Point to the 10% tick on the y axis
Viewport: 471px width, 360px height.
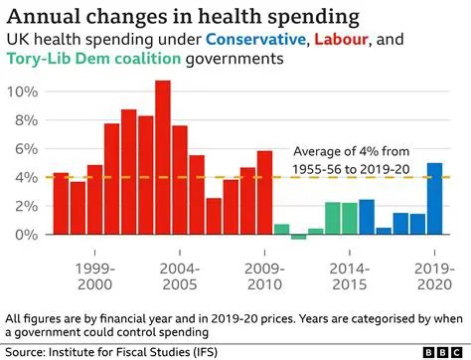tap(23, 91)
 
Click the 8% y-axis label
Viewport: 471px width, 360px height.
tap(27, 120)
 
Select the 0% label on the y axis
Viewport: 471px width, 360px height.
tap(27, 235)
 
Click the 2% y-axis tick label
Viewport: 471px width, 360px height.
tap(27, 206)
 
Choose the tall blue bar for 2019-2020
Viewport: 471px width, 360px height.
tap(434, 199)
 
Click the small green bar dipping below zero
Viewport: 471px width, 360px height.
tap(298, 237)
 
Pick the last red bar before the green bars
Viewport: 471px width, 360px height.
tap(264, 193)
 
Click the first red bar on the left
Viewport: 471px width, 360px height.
tap(61, 203)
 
